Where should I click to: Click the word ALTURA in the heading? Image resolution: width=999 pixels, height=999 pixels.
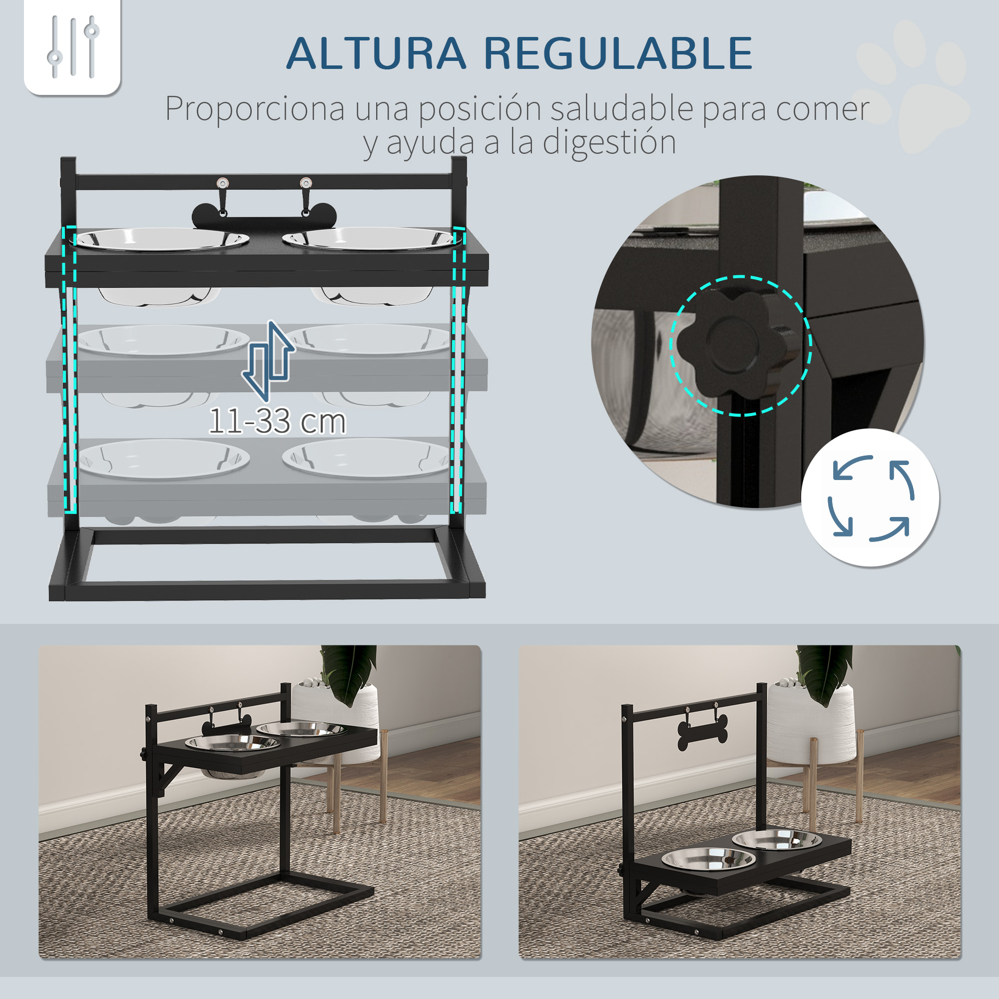pyautogui.click(x=376, y=53)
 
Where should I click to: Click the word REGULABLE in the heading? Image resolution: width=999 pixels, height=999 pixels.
pyautogui.click(x=618, y=53)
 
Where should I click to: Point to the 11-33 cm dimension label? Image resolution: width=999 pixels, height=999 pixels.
pyautogui.click(x=277, y=422)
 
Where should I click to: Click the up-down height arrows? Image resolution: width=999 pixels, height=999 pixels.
pyautogui.click(x=268, y=361)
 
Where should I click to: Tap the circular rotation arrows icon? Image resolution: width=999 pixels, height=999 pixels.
pyautogui.click(x=870, y=498)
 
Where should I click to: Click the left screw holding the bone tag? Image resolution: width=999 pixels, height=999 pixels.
pyautogui.click(x=222, y=182)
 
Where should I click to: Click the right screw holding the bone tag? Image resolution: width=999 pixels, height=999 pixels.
pyautogui.click(x=306, y=182)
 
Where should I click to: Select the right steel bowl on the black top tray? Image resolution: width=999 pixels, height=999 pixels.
pyautogui.click(x=370, y=239)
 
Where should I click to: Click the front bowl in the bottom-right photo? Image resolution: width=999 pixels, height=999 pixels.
pyautogui.click(x=707, y=859)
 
